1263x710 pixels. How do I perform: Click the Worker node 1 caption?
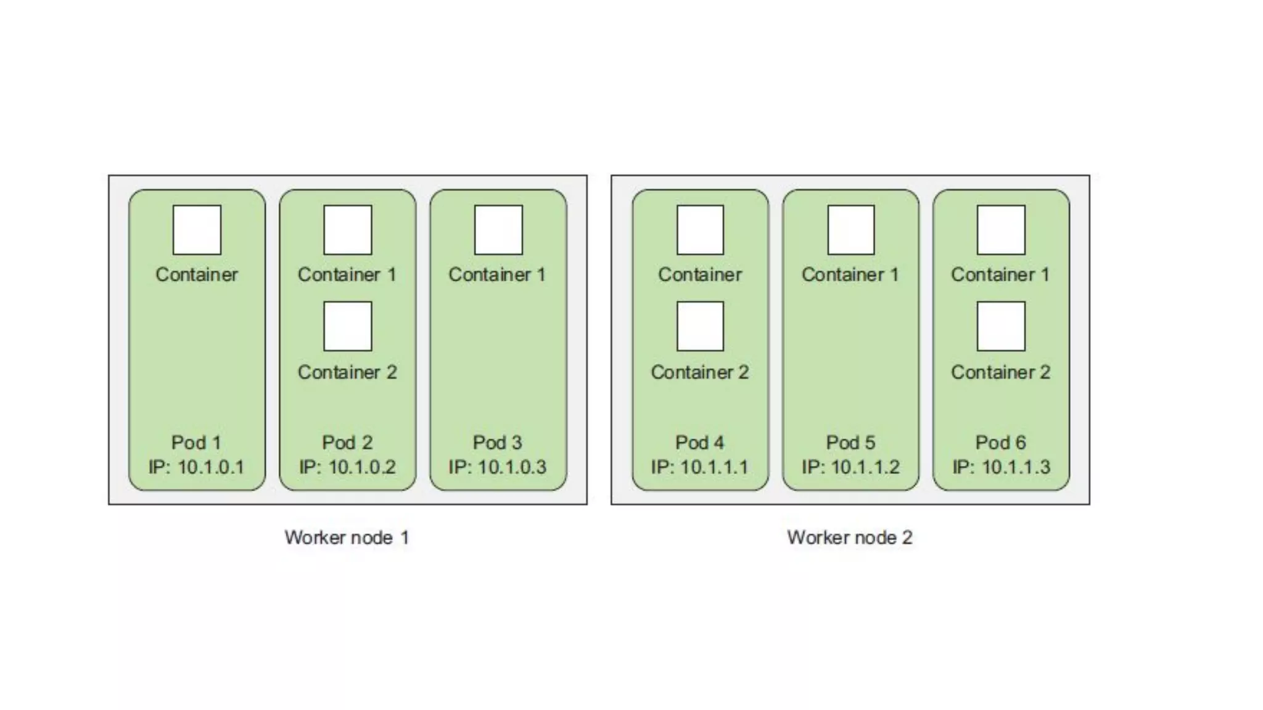pyautogui.click(x=347, y=537)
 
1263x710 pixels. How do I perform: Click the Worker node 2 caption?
pyautogui.click(x=849, y=537)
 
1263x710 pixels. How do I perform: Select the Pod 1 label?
pyautogui.click(x=196, y=443)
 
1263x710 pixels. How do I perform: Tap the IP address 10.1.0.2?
pyautogui.click(x=347, y=467)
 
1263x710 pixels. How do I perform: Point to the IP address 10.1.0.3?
pyautogui.click(x=498, y=467)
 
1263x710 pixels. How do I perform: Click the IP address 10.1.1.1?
pyautogui.click(x=699, y=467)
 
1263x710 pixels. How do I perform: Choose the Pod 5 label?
pyautogui.click(x=850, y=443)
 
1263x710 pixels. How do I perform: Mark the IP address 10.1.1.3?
pyautogui.click(x=1001, y=467)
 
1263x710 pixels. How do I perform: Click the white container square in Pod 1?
pyautogui.click(x=197, y=230)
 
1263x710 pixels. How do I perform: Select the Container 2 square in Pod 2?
pyautogui.click(x=348, y=326)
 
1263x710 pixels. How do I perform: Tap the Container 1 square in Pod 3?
pyautogui.click(x=498, y=230)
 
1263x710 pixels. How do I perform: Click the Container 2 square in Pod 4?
pyautogui.click(x=700, y=326)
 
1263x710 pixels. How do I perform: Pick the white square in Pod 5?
pyautogui.click(x=851, y=230)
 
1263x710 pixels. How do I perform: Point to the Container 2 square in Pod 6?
pyautogui.click(x=1001, y=326)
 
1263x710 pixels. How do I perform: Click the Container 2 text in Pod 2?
pyautogui.click(x=347, y=372)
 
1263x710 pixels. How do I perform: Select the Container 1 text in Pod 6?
pyautogui.click(x=1000, y=275)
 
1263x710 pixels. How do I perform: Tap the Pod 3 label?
pyautogui.click(x=498, y=443)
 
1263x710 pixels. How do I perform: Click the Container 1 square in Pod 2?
pyautogui.click(x=348, y=230)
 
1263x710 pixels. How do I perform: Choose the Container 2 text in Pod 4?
pyautogui.click(x=700, y=372)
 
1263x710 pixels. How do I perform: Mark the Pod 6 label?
pyautogui.click(x=1001, y=443)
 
